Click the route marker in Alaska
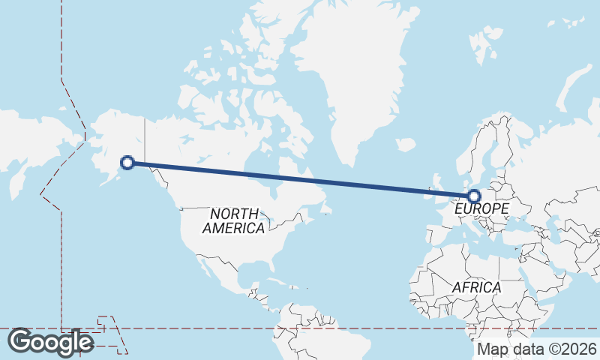[x=127, y=162]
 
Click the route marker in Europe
[x=473, y=196]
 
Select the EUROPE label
[x=481, y=208]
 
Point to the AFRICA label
[x=476, y=287]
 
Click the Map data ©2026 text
[x=536, y=349]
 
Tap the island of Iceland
[x=405, y=144]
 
